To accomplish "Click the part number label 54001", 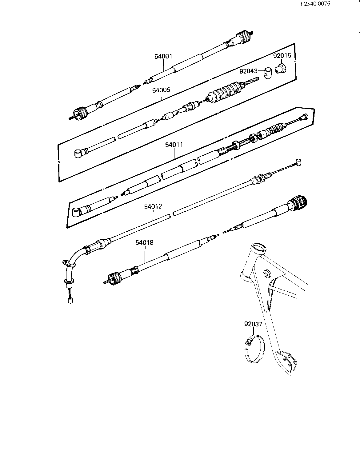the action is [163, 57].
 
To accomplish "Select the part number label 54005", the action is [161, 90].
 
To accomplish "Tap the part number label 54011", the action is [174, 145].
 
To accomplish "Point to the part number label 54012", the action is [153, 206].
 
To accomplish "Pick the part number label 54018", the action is [144, 242].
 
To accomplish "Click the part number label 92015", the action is [282, 56].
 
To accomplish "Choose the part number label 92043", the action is [249, 71].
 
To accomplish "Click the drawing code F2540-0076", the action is [315, 4].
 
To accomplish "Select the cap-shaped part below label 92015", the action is [281, 68].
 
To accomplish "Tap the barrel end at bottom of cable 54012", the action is [70, 301].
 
